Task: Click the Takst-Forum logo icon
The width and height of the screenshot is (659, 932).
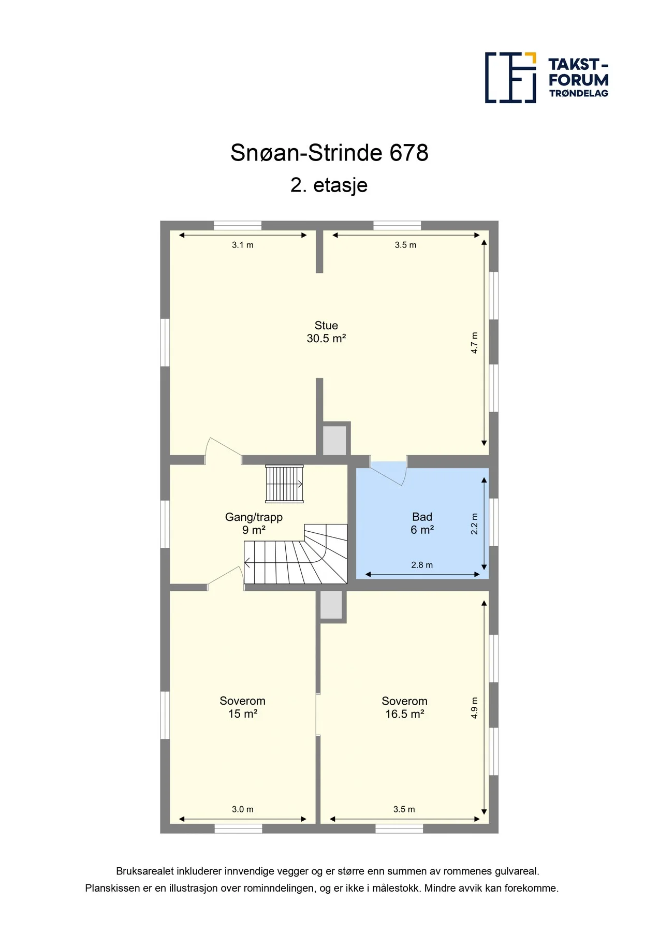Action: point(510,78)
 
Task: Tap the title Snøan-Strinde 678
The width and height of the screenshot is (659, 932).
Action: point(329,153)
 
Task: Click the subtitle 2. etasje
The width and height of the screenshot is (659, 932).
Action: point(329,185)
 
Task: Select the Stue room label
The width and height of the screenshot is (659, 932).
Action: point(326,325)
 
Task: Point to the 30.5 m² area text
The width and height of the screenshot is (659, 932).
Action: point(326,339)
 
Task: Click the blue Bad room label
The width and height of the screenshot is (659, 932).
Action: point(422,517)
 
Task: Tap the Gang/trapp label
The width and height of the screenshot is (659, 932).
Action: point(254,517)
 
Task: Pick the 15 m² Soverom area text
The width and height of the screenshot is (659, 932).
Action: point(243,714)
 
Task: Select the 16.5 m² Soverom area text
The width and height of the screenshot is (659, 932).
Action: point(405,714)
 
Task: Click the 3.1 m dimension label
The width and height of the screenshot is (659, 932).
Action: point(243,245)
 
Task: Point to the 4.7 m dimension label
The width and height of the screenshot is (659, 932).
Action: point(474,343)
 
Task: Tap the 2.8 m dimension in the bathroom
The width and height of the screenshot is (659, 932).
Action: point(422,565)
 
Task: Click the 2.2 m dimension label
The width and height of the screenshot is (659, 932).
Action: point(474,524)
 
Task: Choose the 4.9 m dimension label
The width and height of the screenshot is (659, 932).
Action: point(474,708)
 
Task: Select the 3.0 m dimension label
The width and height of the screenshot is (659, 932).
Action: point(243,809)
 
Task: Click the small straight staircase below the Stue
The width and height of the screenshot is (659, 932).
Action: point(284,484)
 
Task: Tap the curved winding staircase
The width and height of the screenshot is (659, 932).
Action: point(296,554)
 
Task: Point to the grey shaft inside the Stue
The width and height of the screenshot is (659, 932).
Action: point(334,440)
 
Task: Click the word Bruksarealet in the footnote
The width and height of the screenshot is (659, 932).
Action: point(145,871)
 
